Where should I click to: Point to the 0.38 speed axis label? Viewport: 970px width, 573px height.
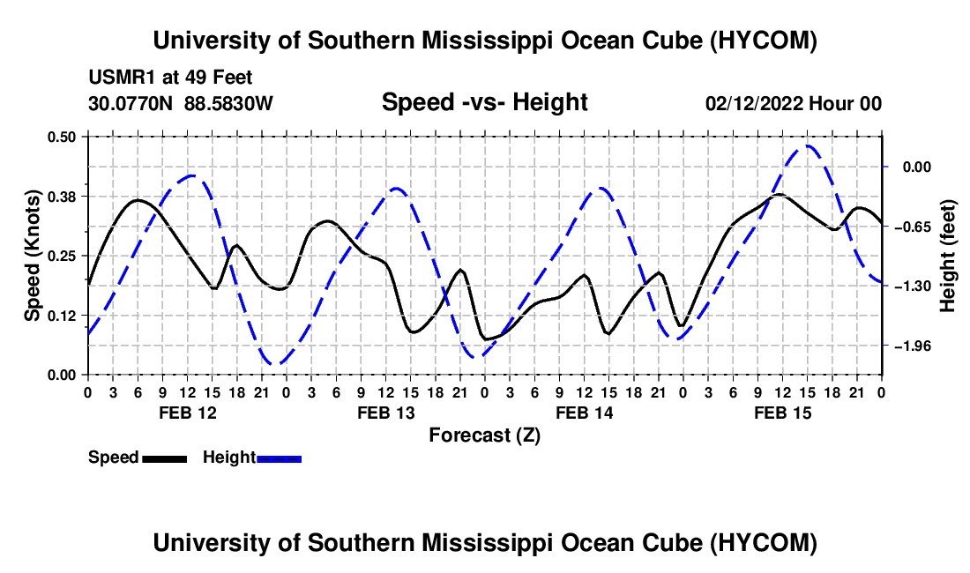62,197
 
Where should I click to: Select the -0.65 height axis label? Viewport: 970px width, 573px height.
913,227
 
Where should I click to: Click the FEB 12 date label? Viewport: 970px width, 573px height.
188,413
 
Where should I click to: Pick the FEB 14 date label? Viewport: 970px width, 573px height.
584,413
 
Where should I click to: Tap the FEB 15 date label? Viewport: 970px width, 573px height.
782,413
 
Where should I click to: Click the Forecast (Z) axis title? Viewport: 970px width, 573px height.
484,435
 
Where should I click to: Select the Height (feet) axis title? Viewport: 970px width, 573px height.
947,256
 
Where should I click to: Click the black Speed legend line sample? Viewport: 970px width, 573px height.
165,458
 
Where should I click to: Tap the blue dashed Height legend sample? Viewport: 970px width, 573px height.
279,458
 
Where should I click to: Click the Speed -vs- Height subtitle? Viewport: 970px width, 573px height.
484,102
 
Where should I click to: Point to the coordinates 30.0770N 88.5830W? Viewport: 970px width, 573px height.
181,103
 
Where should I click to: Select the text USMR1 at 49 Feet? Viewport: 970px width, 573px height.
171,78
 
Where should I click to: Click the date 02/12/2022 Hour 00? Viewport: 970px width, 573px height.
793,103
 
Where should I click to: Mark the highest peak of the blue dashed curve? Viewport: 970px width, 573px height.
807,145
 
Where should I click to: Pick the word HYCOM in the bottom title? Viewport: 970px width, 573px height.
764,543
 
